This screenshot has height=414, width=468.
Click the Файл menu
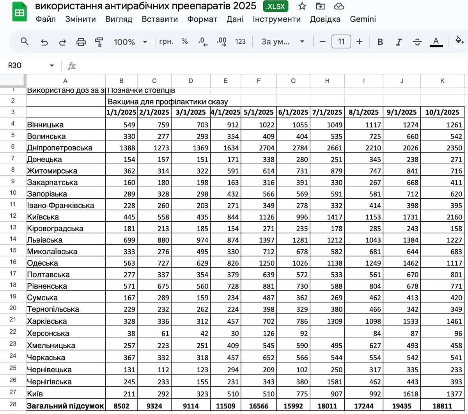tap(46, 19)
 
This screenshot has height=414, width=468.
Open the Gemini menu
tap(363, 19)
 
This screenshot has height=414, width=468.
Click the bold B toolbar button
tap(380, 42)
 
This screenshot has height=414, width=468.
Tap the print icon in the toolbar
tap(81, 42)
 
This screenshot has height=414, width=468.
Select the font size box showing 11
tap(341, 42)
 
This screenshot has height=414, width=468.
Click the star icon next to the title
tap(302, 6)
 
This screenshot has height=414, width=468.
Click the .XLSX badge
tap(276, 6)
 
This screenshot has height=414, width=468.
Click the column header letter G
tap(293, 81)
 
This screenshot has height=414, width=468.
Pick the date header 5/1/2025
tap(259, 112)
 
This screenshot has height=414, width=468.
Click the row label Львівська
tap(45, 240)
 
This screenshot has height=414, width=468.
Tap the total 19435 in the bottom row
tap(402, 406)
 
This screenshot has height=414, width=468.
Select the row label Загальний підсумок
tap(65, 406)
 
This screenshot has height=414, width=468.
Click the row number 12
tap(13, 216)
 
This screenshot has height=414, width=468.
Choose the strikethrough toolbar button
tap(417, 42)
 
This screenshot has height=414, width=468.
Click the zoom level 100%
tap(124, 42)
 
